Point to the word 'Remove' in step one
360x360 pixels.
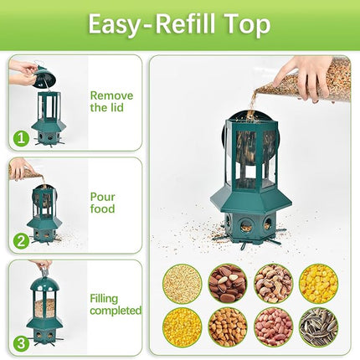pyautogui.click(x=111, y=95)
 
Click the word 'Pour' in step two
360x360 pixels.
pyautogui.click(x=102, y=197)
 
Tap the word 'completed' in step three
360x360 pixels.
pyautogui.click(x=116, y=311)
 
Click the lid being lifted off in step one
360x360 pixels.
pyautogui.click(x=43, y=78)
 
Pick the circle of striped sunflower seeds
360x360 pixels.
pyautogui.click(x=318, y=327)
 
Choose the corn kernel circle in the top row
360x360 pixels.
pyautogui.click(x=318, y=283)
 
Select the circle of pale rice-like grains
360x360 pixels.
pyautogui.click(x=182, y=283)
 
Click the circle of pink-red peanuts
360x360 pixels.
pyautogui.click(x=273, y=327)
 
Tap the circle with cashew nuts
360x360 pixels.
pyautogui.click(x=273, y=283)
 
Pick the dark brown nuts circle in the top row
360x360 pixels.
pyautogui.click(x=227, y=283)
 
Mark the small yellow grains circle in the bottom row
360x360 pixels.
pyautogui.click(x=182, y=327)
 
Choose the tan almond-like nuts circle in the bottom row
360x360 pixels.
pyautogui.click(x=227, y=327)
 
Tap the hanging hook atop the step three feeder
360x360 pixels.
pyautogui.click(x=43, y=270)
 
